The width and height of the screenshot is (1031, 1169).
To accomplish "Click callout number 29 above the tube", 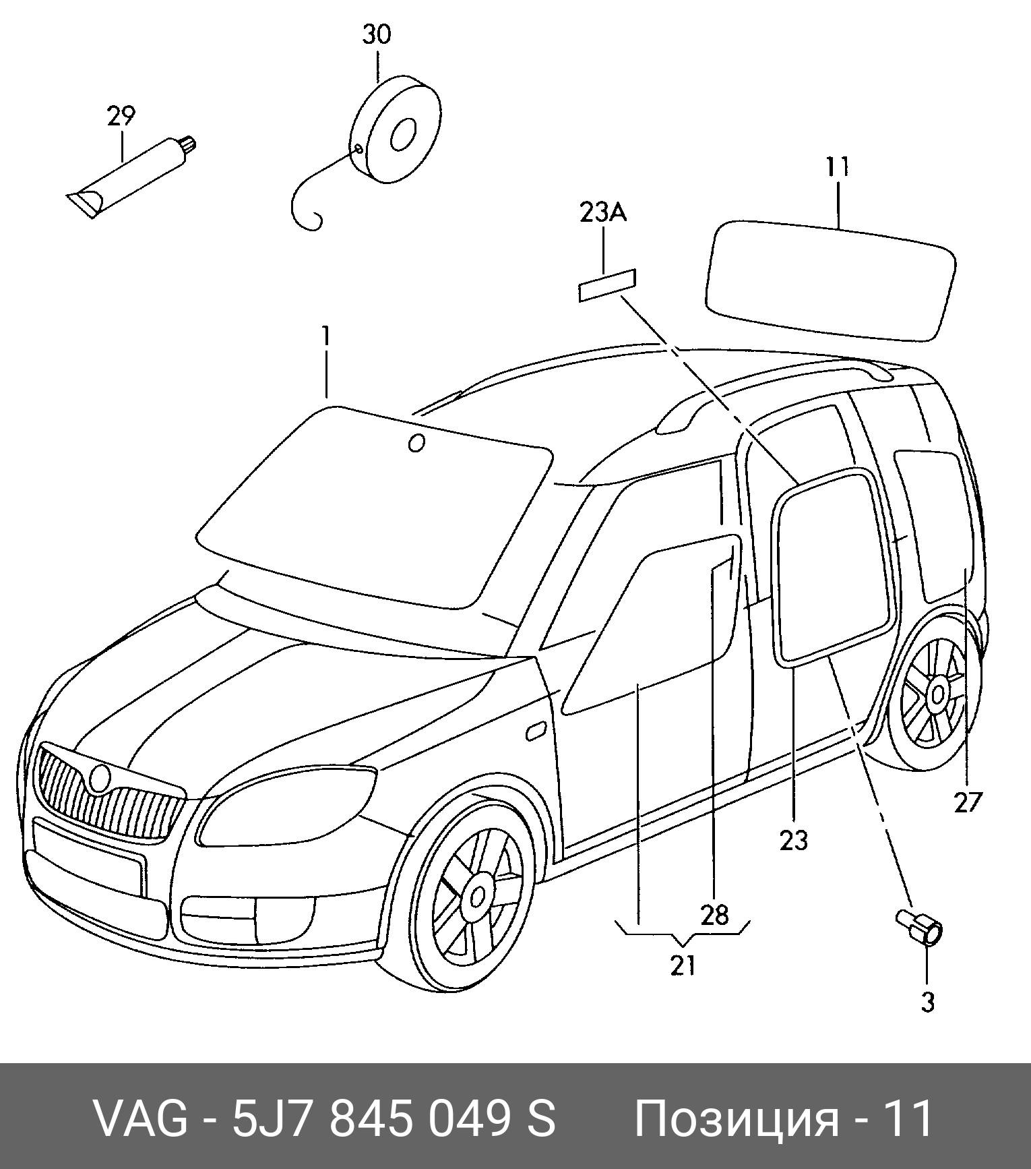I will tap(121, 117).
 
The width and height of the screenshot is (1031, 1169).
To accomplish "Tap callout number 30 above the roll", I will tap(376, 34).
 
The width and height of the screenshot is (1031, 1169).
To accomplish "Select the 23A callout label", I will tap(602, 213).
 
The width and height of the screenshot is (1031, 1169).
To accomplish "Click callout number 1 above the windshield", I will tap(326, 336).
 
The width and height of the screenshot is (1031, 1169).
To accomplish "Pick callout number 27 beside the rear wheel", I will tap(968, 802).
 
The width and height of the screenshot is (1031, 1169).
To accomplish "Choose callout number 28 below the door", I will tap(714, 915).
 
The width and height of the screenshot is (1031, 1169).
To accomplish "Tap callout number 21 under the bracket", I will tap(683, 965).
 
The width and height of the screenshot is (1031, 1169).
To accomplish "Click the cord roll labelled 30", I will tap(398, 131).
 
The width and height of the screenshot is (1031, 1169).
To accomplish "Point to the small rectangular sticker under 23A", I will tap(607, 285).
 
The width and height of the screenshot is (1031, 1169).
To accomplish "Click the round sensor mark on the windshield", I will tap(416, 443).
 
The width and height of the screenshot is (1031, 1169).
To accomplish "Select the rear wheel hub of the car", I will tap(937, 693).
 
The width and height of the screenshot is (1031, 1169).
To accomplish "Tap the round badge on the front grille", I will tap(100, 778).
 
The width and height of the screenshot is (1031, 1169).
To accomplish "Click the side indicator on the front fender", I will tap(536, 731).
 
